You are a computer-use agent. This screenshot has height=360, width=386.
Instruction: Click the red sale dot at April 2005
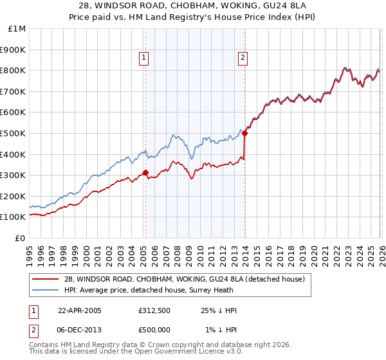pyautogui.click(x=145, y=172)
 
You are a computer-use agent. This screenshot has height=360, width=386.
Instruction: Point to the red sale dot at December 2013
pyautogui.click(x=245, y=133)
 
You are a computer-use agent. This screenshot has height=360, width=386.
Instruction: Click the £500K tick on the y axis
pyautogui.click(x=14, y=133)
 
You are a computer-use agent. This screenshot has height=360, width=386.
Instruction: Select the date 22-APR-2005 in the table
pyautogui.click(x=80, y=310)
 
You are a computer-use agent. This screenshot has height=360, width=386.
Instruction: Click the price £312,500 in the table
pyautogui.click(x=154, y=310)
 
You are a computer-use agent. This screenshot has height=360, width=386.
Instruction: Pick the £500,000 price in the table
pyautogui.click(x=154, y=330)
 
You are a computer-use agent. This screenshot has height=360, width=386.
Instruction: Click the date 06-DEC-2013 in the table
pyautogui.click(x=80, y=330)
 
